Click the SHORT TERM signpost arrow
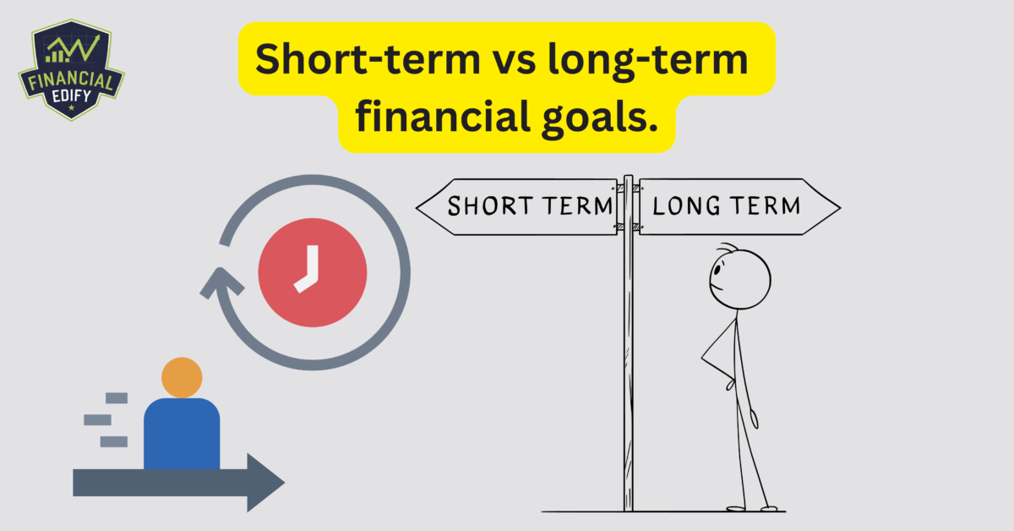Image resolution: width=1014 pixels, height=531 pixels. tap(517, 205)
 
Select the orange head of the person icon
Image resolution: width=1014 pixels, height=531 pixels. tap(182, 378)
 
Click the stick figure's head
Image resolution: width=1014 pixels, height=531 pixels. tap(739, 279)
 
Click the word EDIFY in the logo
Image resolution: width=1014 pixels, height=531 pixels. tap(71, 97)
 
